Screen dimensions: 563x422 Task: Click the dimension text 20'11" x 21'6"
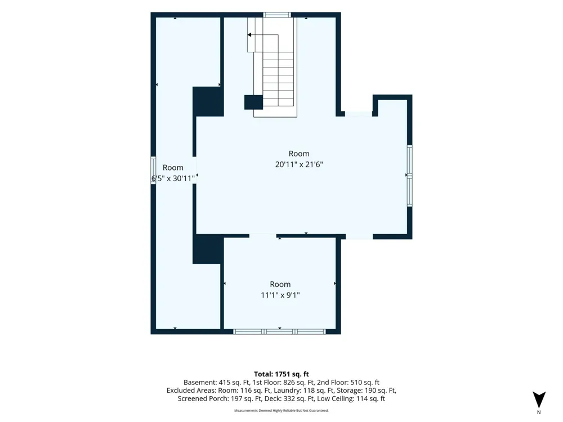[299, 165]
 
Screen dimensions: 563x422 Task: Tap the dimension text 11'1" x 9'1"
[280, 295]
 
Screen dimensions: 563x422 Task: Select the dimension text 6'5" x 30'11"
[173, 178]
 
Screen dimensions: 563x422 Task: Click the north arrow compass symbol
[539, 399]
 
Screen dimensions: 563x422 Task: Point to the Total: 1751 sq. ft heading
[281, 374]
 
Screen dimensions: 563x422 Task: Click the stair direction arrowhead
[249, 35]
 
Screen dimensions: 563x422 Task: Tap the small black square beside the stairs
[253, 102]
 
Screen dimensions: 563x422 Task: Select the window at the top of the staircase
[277, 15]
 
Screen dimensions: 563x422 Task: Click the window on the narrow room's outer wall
[153, 170]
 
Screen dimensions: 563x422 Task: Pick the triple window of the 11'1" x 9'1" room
[279, 331]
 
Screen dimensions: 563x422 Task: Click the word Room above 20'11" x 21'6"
[299, 154]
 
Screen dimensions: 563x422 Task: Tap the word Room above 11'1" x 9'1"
[280, 284]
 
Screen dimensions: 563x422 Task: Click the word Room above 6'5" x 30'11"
[173, 168]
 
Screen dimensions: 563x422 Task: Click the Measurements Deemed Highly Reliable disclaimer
[281, 411]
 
